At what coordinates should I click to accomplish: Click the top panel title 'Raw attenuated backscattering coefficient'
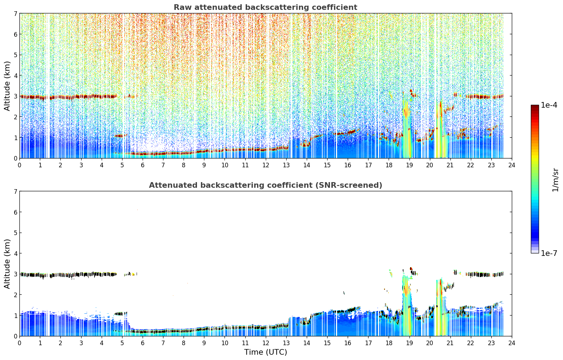[265, 7]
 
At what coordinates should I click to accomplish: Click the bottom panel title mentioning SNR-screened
[265, 185]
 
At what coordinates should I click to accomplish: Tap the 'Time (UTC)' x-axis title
[265, 352]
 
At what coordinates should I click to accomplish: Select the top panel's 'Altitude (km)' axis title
[7, 86]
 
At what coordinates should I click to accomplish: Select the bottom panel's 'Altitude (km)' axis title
[7, 264]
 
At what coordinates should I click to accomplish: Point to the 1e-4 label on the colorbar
[549, 105]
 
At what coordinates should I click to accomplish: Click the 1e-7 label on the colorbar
[549, 253]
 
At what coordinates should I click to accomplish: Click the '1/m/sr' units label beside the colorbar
[555, 180]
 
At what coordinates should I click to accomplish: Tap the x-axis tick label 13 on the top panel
[286, 165]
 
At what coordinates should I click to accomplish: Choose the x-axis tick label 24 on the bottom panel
[512, 343]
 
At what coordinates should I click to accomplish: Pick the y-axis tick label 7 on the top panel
[15, 13]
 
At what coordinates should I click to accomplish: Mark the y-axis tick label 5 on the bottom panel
[15, 233]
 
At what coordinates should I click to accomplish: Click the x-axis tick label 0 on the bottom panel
[20, 343]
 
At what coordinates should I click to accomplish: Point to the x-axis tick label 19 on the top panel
[409, 165]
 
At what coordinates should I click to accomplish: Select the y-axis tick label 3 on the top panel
[15, 96]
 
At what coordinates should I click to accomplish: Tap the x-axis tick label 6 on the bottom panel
[143, 343]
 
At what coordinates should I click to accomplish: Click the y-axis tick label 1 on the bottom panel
[15, 316]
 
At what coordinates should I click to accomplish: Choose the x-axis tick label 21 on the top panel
[450, 165]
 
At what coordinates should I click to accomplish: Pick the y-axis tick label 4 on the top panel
[15, 76]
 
